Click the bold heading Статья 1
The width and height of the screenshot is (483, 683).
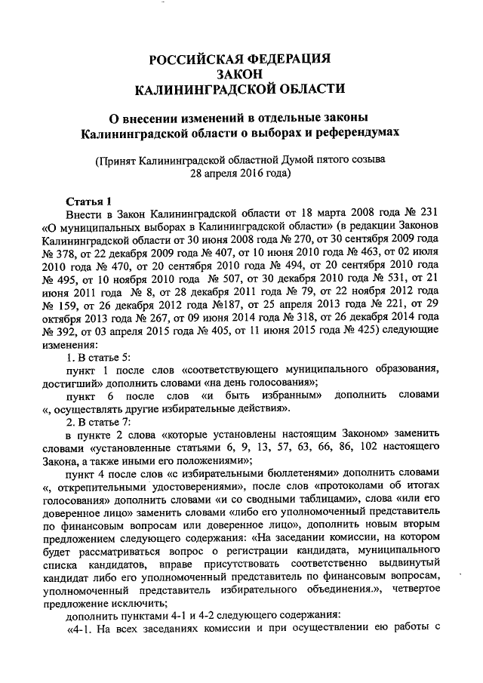[88, 201]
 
